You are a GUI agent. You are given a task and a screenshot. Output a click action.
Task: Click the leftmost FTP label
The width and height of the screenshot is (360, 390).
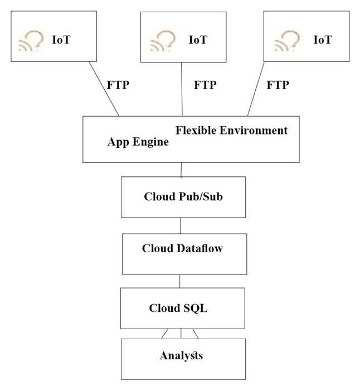(x=118, y=85)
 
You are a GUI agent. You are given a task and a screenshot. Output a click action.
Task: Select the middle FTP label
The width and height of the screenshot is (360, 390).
(x=205, y=85)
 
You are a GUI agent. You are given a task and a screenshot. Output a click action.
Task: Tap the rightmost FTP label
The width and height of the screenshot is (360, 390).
(x=278, y=85)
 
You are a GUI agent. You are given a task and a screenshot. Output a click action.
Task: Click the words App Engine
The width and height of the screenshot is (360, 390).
(x=138, y=142)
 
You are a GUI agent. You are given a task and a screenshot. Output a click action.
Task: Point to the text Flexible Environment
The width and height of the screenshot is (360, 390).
(x=232, y=131)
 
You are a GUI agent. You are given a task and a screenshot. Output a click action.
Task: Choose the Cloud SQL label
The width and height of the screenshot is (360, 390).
(x=178, y=308)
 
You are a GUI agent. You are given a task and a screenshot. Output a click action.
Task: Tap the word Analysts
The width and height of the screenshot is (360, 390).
(x=181, y=355)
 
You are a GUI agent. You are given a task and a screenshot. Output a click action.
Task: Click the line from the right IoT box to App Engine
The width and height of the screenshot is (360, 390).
(x=256, y=89)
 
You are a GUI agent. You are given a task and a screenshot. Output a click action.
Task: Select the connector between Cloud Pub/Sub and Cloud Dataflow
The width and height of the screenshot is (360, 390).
(x=181, y=225)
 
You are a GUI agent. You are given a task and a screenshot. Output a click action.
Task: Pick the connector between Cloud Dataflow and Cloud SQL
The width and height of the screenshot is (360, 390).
(x=180, y=281)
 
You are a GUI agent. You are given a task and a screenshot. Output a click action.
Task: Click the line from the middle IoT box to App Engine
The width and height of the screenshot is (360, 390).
(x=183, y=89)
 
